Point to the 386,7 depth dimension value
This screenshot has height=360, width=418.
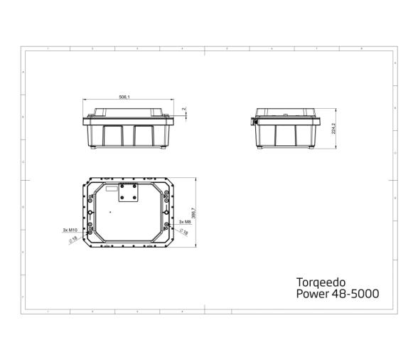tap(193, 213)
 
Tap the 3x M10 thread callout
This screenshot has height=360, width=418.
tap(69, 230)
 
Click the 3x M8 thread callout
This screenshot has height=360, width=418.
tap(184, 222)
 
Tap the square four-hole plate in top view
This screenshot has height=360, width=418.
tap(129, 191)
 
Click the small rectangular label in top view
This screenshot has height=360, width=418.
tap(109, 190)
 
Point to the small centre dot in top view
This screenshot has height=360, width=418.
tap(110, 211)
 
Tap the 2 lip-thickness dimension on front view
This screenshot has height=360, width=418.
tap(183, 109)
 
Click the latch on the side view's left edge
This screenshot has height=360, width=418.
tap(254, 122)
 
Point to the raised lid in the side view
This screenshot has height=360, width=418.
tap(284, 113)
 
